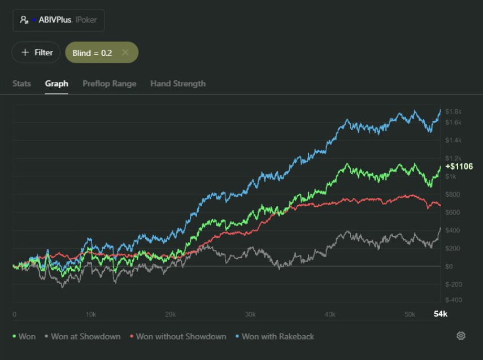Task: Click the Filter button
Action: (x=37, y=53)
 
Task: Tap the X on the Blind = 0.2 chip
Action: (x=125, y=53)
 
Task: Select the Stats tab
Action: (x=21, y=84)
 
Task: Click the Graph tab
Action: (x=56, y=84)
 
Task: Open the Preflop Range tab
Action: (x=109, y=84)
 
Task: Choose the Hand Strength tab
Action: (x=178, y=84)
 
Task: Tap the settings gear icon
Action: (x=461, y=336)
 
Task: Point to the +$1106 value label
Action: (x=459, y=167)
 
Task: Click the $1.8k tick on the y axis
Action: (x=454, y=111)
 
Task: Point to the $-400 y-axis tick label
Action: (x=454, y=300)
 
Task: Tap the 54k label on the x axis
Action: (x=440, y=314)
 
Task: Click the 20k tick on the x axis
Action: (x=171, y=314)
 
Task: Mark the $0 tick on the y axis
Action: (x=450, y=266)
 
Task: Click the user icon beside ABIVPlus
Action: (x=24, y=20)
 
